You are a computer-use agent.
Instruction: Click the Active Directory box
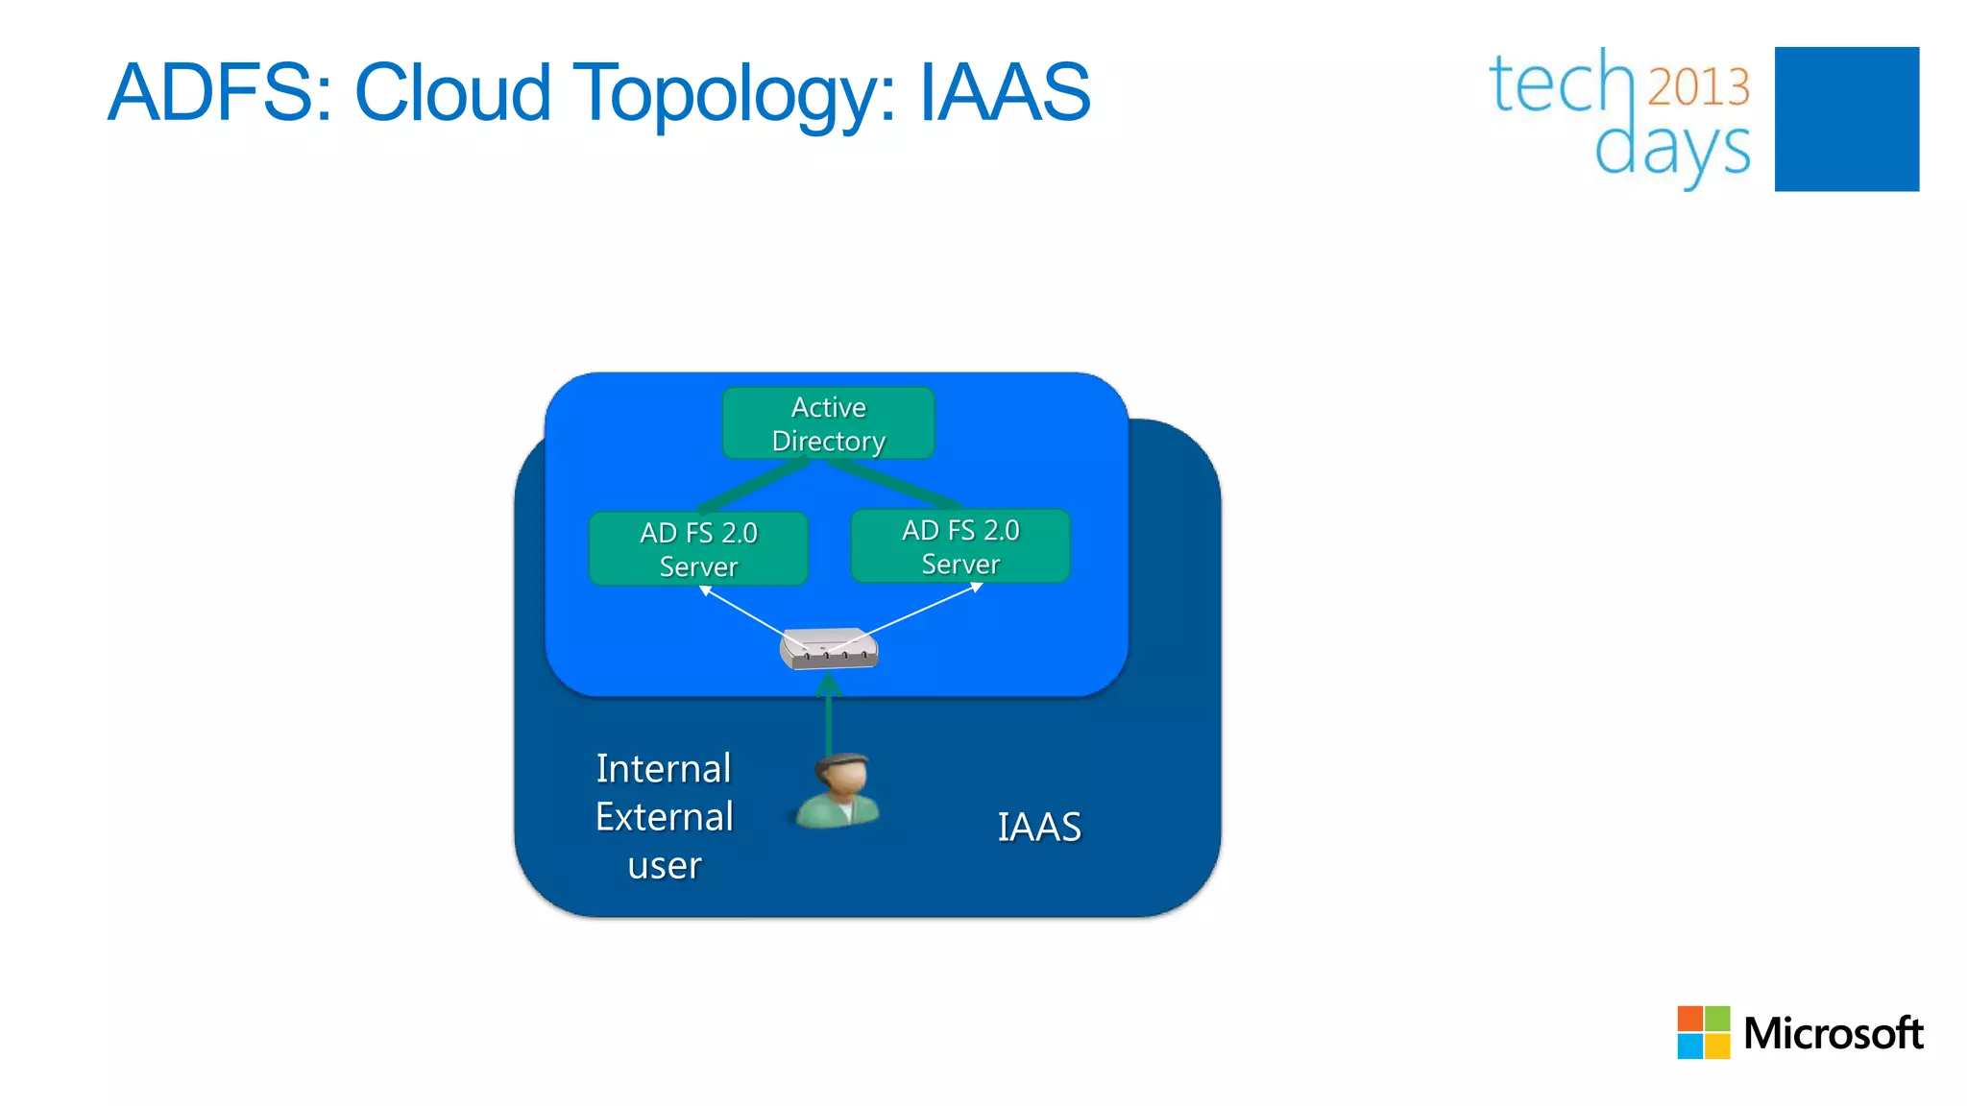(828, 423)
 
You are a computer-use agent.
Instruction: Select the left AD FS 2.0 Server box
(698, 548)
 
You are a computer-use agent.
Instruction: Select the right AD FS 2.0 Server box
(960, 546)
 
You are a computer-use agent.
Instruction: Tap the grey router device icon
(828, 649)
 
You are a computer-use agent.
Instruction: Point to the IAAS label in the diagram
(1038, 827)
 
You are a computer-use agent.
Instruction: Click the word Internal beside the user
(664, 768)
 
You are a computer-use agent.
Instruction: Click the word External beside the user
(664, 817)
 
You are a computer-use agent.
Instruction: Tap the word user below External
(664, 866)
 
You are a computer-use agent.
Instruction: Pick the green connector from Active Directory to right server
(893, 483)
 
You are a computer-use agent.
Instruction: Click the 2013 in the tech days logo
(1698, 87)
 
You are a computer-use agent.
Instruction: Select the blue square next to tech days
(1846, 119)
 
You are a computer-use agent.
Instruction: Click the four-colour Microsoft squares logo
(1703, 1032)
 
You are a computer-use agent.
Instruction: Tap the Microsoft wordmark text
(1833, 1033)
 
